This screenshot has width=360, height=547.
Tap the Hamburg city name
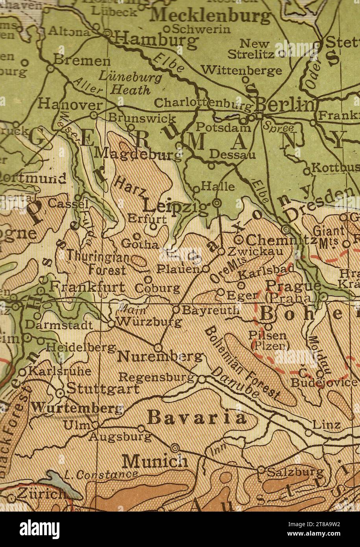coord(156,40)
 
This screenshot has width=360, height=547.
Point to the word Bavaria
coord(198,418)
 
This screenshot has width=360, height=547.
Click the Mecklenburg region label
coord(211,15)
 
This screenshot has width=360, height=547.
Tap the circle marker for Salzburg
coord(261,469)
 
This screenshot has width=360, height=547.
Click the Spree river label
coord(279,127)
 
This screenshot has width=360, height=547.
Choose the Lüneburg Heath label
coord(131,83)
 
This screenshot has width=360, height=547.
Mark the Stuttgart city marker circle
coord(60,393)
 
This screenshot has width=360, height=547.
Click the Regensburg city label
coord(156,377)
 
